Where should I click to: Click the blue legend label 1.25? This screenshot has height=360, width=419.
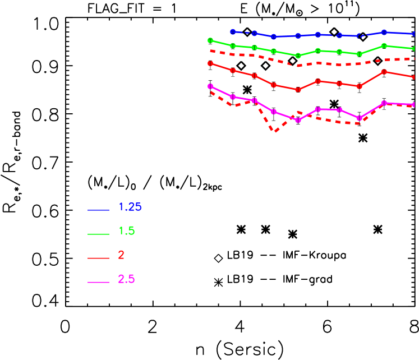[x=130, y=207]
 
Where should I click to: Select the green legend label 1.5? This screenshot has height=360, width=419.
[x=126, y=231]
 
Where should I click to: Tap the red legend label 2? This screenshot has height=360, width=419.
[x=121, y=255]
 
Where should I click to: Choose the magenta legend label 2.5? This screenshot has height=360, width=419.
[x=126, y=279]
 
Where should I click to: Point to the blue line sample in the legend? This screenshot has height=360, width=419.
[x=98, y=210]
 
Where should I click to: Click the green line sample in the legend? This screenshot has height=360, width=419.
[x=98, y=234]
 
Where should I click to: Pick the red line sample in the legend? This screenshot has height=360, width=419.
[x=98, y=258]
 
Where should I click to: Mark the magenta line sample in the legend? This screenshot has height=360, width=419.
[x=98, y=282]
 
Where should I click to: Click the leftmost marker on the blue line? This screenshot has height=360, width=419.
[x=233, y=32]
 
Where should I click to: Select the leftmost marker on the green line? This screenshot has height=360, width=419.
[x=210, y=40]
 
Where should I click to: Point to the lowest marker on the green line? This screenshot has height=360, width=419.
[x=298, y=56]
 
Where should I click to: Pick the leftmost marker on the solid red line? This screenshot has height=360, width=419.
[x=210, y=63]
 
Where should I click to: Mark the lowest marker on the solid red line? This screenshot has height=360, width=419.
[x=298, y=89]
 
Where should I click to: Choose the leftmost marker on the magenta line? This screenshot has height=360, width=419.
[x=210, y=86]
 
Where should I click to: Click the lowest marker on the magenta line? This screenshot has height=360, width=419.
[x=298, y=120]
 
